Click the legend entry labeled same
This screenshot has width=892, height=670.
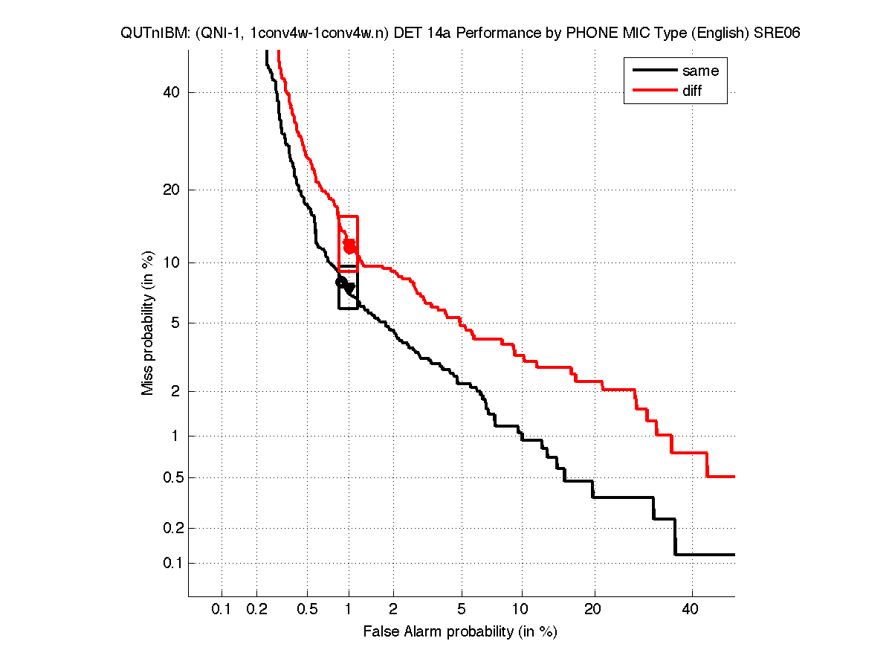[x=700, y=71]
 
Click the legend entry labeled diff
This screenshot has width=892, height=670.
[x=691, y=91]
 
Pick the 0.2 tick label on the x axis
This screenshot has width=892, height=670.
[x=256, y=610]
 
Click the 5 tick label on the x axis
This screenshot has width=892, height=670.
[x=462, y=610]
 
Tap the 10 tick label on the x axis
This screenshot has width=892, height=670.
[x=522, y=610]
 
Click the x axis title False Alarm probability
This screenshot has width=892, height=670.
[x=459, y=632]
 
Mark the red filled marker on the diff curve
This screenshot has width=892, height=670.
[x=349, y=246]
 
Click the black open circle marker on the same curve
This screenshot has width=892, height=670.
[x=341, y=282]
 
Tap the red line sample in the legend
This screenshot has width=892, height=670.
[x=653, y=91]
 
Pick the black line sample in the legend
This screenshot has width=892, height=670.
[x=653, y=71]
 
